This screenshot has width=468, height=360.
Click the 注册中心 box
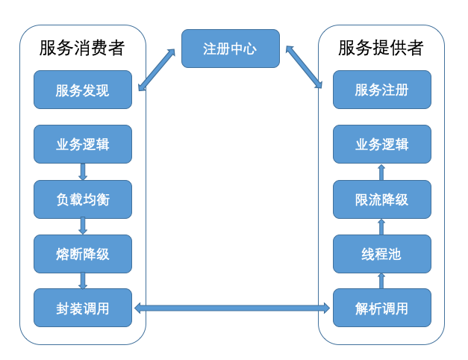(x=230, y=49)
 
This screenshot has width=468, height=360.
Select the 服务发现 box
(x=83, y=90)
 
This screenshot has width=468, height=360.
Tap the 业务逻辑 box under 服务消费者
(x=83, y=144)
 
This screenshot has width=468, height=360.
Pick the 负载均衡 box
(x=83, y=199)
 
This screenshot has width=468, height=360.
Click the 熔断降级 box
(x=83, y=253)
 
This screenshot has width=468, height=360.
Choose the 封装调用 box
(x=83, y=308)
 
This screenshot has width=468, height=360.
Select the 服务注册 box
(x=381, y=90)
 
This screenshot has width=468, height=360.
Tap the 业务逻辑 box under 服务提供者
(x=381, y=144)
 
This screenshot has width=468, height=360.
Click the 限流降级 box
(x=381, y=199)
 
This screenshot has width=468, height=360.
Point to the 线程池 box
(x=381, y=253)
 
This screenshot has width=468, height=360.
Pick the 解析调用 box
(x=381, y=308)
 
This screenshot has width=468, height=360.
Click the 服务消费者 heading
(x=82, y=49)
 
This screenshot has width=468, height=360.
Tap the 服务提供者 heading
(x=381, y=49)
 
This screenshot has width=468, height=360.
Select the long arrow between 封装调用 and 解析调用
(x=232, y=308)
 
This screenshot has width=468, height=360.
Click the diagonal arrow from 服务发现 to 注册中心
(x=157, y=70)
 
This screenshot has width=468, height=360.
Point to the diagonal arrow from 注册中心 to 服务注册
(x=303, y=67)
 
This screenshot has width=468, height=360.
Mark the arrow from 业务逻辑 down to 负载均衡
(x=83, y=172)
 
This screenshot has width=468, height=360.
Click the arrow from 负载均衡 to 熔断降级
(x=83, y=226)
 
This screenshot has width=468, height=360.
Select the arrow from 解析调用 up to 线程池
(x=381, y=281)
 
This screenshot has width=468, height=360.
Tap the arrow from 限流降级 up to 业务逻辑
(x=381, y=172)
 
